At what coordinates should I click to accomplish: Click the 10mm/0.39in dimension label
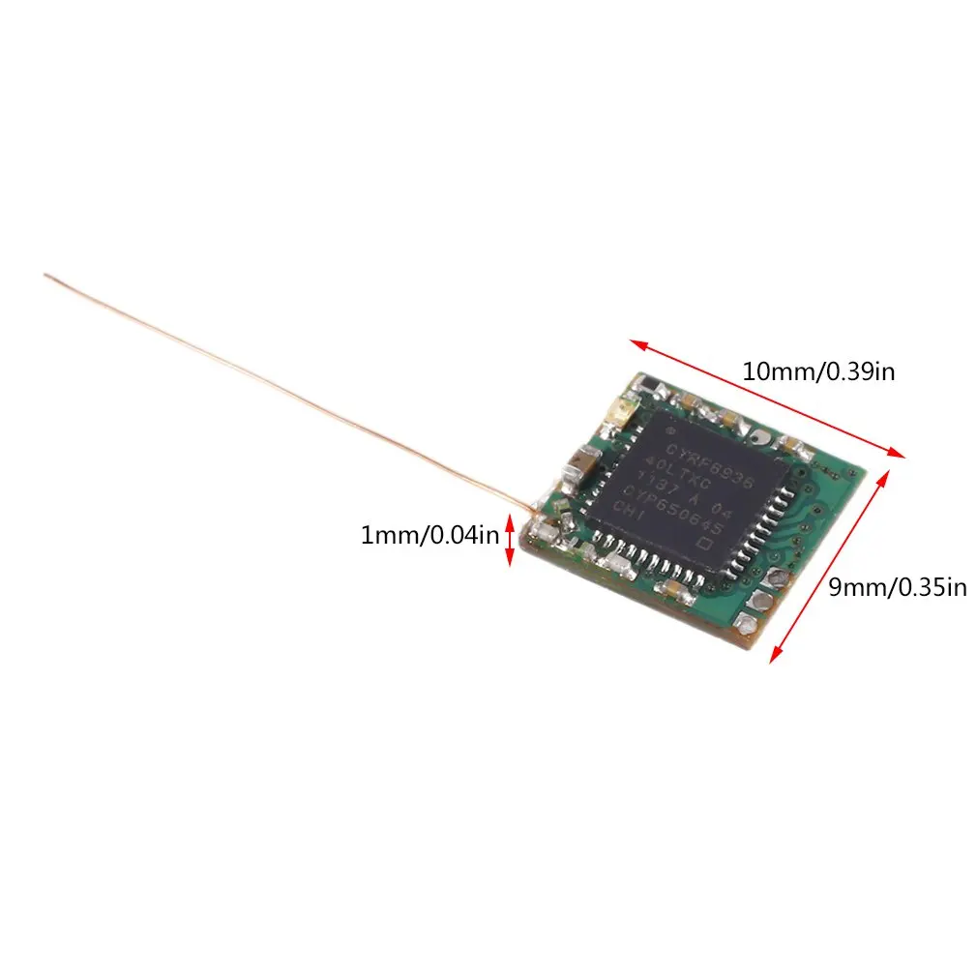(x=818, y=370)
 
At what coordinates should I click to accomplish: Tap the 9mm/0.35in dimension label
(x=897, y=586)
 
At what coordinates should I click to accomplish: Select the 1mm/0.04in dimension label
(x=429, y=534)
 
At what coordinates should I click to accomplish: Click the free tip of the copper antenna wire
(x=45, y=276)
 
